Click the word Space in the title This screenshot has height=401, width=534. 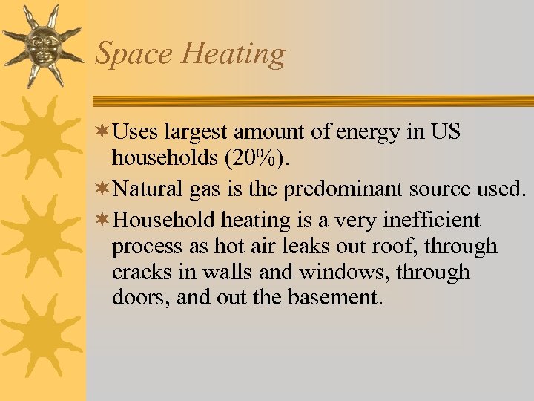click(x=133, y=54)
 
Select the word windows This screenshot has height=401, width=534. click(x=343, y=272)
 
